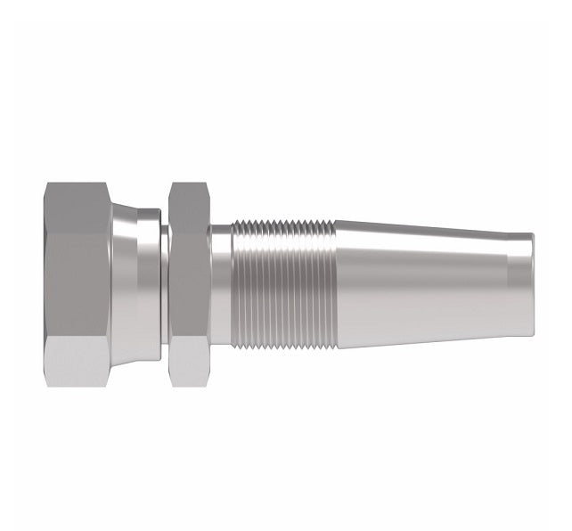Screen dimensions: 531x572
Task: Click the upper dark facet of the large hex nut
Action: click(x=76, y=207)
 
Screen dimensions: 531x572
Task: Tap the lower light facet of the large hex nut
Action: click(x=76, y=361)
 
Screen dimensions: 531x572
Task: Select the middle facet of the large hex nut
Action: click(x=76, y=283)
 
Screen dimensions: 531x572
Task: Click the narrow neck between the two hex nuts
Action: click(x=165, y=283)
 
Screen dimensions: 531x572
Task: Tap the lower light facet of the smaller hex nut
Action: click(x=188, y=362)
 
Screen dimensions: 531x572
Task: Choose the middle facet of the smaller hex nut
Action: click(x=188, y=283)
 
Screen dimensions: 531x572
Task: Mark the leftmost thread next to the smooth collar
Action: click(x=236, y=283)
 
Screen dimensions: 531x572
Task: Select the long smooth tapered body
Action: click(x=419, y=283)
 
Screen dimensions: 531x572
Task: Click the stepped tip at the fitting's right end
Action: click(x=520, y=283)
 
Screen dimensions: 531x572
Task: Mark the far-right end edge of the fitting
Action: click(x=534, y=283)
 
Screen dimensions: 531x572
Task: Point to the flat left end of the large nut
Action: click(x=45, y=283)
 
